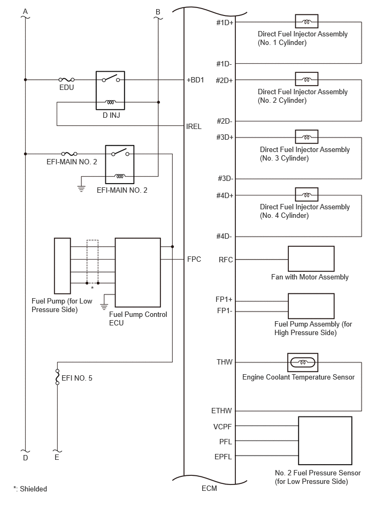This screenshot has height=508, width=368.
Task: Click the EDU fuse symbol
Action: click(x=66, y=79)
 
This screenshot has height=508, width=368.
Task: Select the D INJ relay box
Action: click(x=110, y=90)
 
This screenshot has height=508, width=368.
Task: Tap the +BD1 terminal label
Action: click(x=195, y=80)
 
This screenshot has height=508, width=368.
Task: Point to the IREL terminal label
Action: click(x=194, y=126)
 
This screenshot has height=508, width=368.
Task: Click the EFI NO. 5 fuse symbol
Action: click(x=58, y=377)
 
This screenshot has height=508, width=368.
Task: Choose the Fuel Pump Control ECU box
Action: click(x=138, y=272)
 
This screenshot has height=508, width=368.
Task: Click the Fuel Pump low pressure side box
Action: click(x=63, y=266)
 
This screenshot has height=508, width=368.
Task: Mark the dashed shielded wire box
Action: click(x=93, y=261)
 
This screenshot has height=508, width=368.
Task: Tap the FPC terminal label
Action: click(x=194, y=259)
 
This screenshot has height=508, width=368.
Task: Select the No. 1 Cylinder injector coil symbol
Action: click(x=306, y=21)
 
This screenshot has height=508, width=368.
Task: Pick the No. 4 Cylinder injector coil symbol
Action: click(x=306, y=195)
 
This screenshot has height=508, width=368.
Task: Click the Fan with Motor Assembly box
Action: click(x=311, y=259)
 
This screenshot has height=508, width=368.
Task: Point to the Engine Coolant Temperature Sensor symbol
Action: click(x=303, y=362)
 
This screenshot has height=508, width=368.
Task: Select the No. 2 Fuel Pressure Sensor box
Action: click(x=325, y=441)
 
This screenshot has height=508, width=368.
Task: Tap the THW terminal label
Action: click(x=225, y=362)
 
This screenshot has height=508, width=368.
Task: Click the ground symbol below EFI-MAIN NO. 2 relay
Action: click(x=81, y=188)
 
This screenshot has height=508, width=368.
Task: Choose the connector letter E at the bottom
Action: click(x=57, y=457)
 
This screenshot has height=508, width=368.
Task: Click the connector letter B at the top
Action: click(x=158, y=12)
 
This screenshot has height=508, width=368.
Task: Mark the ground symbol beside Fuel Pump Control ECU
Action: click(x=104, y=306)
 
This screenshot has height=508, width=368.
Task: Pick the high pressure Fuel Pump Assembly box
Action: click(x=311, y=306)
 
